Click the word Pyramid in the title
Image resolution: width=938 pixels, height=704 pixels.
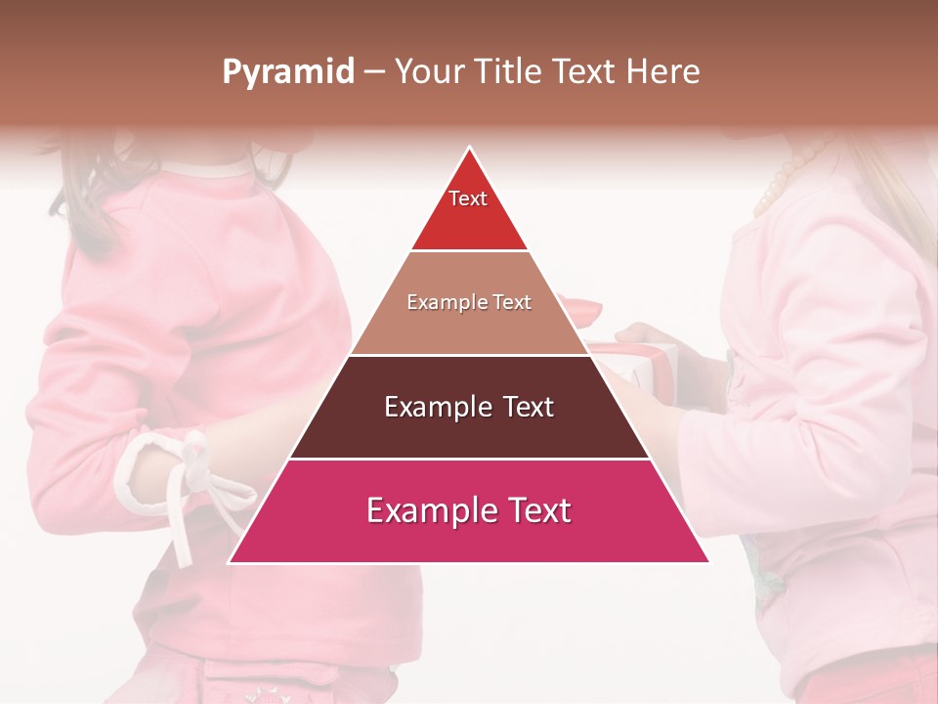click(287, 72)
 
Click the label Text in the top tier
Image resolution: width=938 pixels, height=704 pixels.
click(468, 198)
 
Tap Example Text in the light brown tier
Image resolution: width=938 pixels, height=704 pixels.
click(469, 302)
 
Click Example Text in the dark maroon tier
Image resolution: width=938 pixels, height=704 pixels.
click(469, 407)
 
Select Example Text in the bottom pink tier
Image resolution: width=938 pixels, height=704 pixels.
click(469, 510)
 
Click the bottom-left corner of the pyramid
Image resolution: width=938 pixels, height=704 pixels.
click(231, 562)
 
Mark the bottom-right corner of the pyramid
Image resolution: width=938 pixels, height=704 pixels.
click(708, 562)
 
